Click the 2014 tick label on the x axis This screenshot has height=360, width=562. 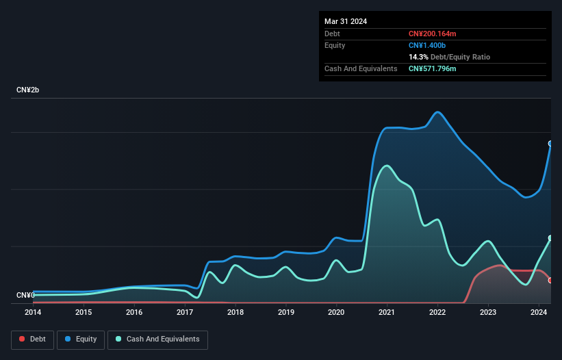(33, 312)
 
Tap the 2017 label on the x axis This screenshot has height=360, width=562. (185, 312)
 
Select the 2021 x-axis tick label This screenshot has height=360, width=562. (387, 312)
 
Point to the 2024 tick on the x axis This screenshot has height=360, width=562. (539, 312)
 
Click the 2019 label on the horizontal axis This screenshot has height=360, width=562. (286, 312)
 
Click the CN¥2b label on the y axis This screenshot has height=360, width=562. (28, 90)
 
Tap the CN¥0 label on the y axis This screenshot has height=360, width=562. (25, 295)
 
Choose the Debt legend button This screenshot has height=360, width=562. (31, 339)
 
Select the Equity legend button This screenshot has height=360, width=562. (81, 339)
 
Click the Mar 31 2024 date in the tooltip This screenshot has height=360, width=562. (346, 21)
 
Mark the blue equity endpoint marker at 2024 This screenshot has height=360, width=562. (550, 144)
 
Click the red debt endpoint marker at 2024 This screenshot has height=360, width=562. (550, 280)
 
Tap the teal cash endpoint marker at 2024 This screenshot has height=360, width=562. (550, 238)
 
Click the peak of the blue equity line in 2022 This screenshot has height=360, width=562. (437, 112)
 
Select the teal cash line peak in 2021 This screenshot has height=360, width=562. (387, 165)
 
